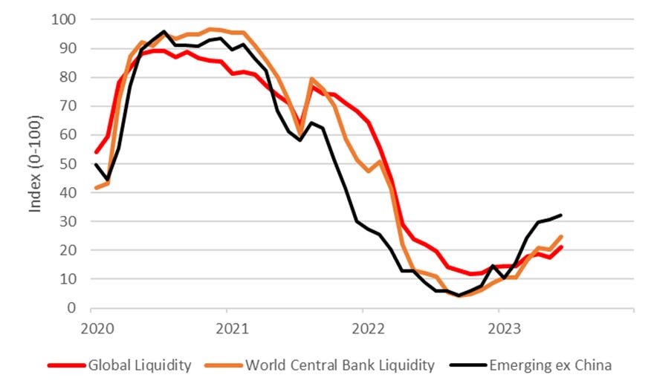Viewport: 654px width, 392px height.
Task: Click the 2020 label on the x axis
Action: [x=91, y=327]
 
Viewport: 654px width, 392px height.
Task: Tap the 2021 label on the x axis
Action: [x=227, y=327]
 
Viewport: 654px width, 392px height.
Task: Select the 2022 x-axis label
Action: [x=363, y=327]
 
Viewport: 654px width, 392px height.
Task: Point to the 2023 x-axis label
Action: [x=498, y=327]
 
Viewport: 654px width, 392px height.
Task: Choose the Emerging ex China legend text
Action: [x=551, y=365]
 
